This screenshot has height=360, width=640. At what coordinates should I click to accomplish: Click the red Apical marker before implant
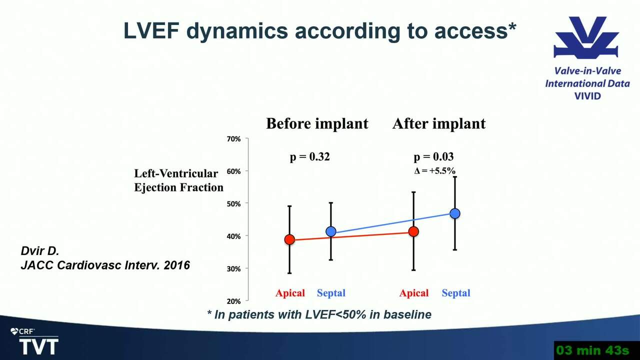(289, 239)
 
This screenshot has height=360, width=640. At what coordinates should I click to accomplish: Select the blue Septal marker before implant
(331, 231)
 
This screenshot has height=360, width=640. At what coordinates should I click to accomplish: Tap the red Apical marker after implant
(413, 231)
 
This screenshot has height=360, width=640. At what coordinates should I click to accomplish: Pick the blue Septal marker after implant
(455, 213)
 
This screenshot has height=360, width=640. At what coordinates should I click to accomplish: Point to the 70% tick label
(233, 139)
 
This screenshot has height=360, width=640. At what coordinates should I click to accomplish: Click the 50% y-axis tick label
(233, 203)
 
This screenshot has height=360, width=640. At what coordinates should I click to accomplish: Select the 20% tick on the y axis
(233, 301)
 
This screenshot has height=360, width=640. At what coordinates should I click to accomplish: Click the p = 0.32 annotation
(309, 157)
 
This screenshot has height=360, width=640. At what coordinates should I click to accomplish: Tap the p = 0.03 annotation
(433, 157)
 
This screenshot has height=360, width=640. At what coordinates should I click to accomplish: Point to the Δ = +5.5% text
(435, 171)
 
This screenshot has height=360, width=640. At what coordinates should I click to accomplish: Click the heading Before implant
(317, 123)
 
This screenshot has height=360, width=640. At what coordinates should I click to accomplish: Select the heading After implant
(439, 123)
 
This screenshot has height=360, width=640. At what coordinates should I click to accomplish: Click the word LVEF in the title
(151, 31)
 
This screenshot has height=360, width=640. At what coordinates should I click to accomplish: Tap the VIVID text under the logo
(587, 96)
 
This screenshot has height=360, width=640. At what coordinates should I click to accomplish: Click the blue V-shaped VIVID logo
(586, 37)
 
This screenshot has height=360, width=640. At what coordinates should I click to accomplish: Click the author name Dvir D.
(40, 251)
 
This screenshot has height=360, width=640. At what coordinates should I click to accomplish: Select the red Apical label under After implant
(414, 293)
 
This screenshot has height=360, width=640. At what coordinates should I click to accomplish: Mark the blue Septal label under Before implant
(331, 293)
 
